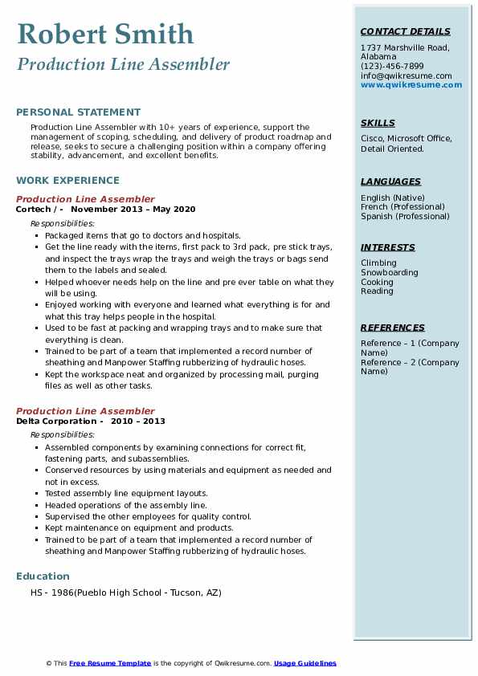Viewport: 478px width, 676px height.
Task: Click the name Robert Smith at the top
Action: pos(104,35)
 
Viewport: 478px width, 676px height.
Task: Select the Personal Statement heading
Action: pos(78,112)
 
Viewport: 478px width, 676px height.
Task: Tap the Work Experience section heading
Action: pos(67,181)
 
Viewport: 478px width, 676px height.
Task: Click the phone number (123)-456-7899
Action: pos(392,67)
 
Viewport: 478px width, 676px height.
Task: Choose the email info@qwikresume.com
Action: pos(406,75)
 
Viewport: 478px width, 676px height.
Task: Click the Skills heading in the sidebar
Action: pos(378,123)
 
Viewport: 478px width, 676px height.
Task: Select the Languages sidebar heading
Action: pos(390,181)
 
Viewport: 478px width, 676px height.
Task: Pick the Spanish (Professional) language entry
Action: pos(406,216)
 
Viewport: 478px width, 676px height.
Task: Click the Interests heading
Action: pos(388,247)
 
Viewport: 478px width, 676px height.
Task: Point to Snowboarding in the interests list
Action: pos(390,273)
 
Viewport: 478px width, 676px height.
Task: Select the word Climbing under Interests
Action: pos(378,263)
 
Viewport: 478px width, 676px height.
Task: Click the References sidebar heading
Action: pos(393,328)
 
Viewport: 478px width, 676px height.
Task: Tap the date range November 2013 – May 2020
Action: pos(139,210)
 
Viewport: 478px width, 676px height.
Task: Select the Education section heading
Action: pos(43,576)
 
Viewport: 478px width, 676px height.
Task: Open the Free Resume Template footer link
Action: pos(110,663)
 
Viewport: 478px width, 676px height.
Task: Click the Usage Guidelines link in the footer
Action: pos(305,663)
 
